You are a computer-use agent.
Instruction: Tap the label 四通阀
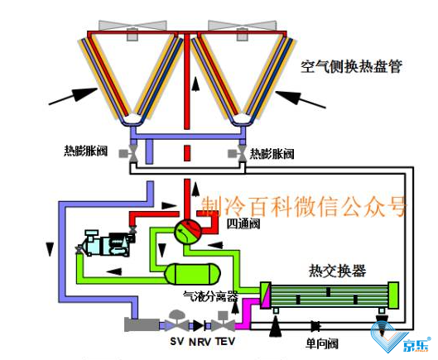tap(243, 224)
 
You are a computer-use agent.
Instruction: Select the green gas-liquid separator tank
tap(193, 273)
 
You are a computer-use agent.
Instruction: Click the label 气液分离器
tap(210, 296)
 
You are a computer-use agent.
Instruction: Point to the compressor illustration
tap(106, 242)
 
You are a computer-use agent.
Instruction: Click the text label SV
tap(177, 341)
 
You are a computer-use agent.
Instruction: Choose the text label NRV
tap(200, 342)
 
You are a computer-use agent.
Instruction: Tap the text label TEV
tap(225, 341)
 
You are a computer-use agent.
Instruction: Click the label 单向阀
tap(321, 343)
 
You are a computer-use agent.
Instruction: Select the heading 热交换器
tap(338, 271)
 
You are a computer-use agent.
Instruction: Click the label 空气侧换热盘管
tap(351, 66)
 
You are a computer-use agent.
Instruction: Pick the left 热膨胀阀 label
tap(86, 151)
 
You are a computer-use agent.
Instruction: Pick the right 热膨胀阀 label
tap(272, 154)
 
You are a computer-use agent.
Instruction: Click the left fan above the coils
tap(132, 28)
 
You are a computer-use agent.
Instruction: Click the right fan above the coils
tap(243, 28)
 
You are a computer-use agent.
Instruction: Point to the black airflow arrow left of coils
tap(73, 96)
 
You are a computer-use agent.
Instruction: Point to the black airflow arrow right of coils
tap(301, 98)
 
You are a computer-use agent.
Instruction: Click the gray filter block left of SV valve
tap(142, 324)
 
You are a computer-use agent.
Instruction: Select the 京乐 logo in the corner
tap(399, 338)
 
